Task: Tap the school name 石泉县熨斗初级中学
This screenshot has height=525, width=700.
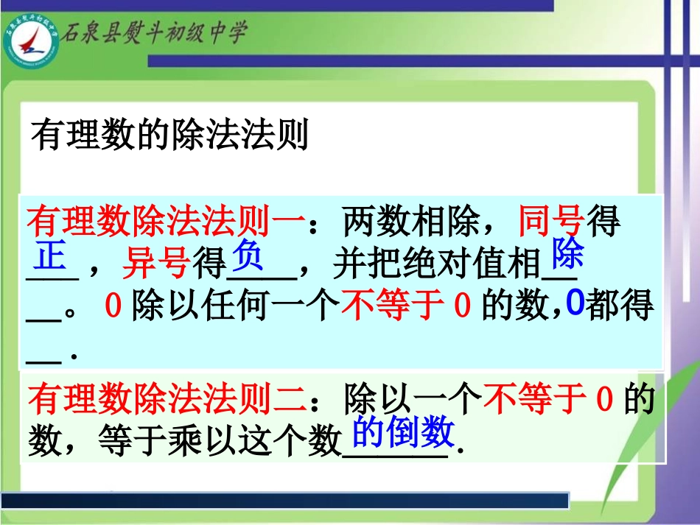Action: click(154, 33)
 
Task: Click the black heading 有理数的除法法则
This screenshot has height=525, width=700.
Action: click(169, 136)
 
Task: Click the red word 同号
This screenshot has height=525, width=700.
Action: click(551, 222)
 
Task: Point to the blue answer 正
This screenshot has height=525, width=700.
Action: click(51, 257)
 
